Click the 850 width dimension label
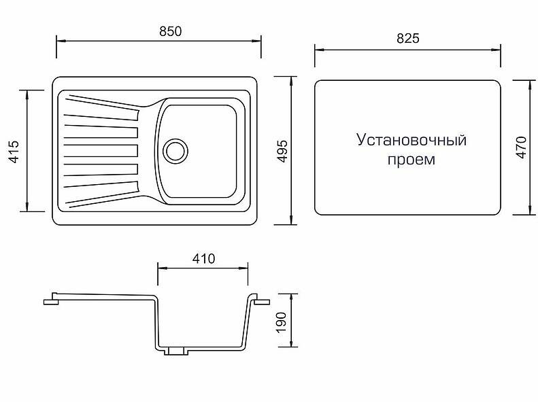click(x=170, y=31)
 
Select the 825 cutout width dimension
click(x=408, y=38)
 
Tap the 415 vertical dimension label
click(x=15, y=152)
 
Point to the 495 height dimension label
click(x=282, y=151)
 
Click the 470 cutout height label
click(x=521, y=147)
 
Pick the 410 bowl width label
click(x=203, y=259)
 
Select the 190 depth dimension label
click(x=282, y=322)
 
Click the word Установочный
click(x=411, y=140)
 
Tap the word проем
click(x=411, y=160)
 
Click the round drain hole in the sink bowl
click(x=175, y=150)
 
